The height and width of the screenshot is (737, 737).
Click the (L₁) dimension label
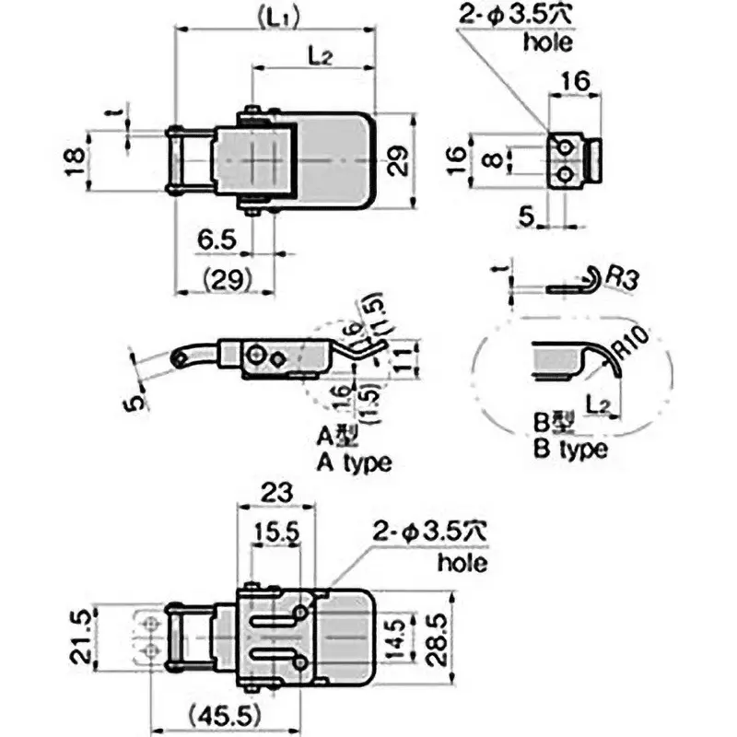(279, 18)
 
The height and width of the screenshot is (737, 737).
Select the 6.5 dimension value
(216, 240)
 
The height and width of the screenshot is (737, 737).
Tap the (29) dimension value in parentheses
(227, 280)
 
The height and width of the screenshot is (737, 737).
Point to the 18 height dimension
(76, 162)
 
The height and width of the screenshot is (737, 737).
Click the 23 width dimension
(276, 493)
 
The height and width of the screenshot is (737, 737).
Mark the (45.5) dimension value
(225, 717)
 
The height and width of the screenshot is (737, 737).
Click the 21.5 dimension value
(80, 638)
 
